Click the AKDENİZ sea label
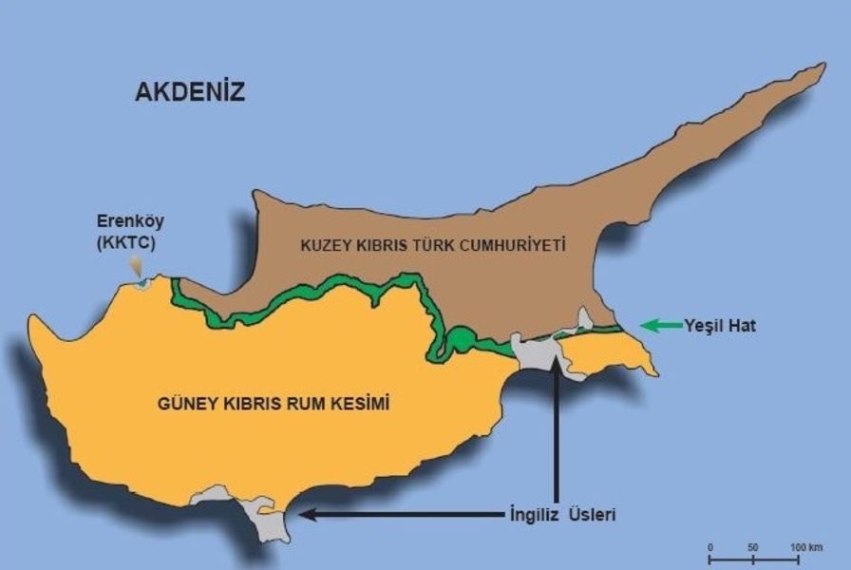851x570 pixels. click(x=190, y=92)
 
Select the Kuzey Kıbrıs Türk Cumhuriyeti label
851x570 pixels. click(x=433, y=245)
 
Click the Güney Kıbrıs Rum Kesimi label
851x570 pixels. click(x=274, y=404)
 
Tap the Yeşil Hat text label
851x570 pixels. click(x=720, y=326)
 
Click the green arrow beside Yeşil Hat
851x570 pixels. click(x=661, y=326)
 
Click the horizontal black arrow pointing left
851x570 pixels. click(x=399, y=515)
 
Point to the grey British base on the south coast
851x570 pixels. click(x=266, y=518)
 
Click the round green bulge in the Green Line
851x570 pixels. click(x=460, y=338)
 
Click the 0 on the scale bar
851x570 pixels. click(x=710, y=547)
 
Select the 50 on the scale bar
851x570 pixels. click(x=752, y=547)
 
